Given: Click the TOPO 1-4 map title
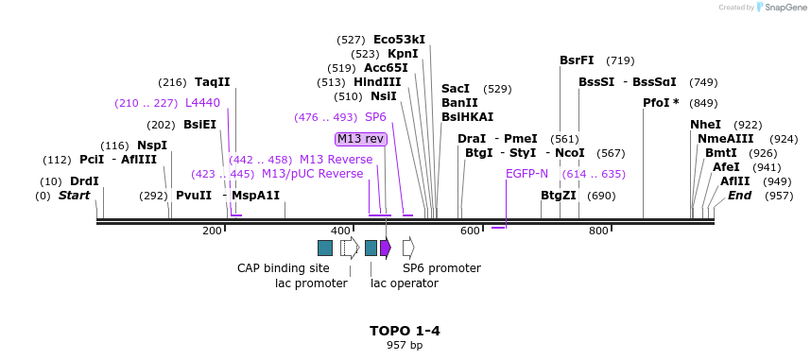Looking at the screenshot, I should coord(405,331).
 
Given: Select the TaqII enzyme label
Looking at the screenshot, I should coord(212,82).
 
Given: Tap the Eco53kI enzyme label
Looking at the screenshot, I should coord(399,40).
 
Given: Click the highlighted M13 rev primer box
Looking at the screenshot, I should coord(360,139).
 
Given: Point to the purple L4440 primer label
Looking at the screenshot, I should coord(202,103).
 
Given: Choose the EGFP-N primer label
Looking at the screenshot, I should coord(526,174).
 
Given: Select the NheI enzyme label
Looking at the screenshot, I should coord(705,125).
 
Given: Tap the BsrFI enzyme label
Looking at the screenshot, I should coord(577,60).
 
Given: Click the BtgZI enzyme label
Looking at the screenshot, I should coord(558,196).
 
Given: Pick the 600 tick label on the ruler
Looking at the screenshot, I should coord(470,231).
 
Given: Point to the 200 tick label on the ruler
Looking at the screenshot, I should coord(212,231).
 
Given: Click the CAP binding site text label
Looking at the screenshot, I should coord(283,268).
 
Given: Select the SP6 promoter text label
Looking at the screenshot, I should coord(441,268).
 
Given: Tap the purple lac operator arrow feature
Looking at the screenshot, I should coord(386,248).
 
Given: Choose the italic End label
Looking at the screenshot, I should coord(739,196).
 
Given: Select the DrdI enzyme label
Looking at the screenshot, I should coord(84,181).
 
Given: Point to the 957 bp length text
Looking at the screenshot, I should coord(405,345).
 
